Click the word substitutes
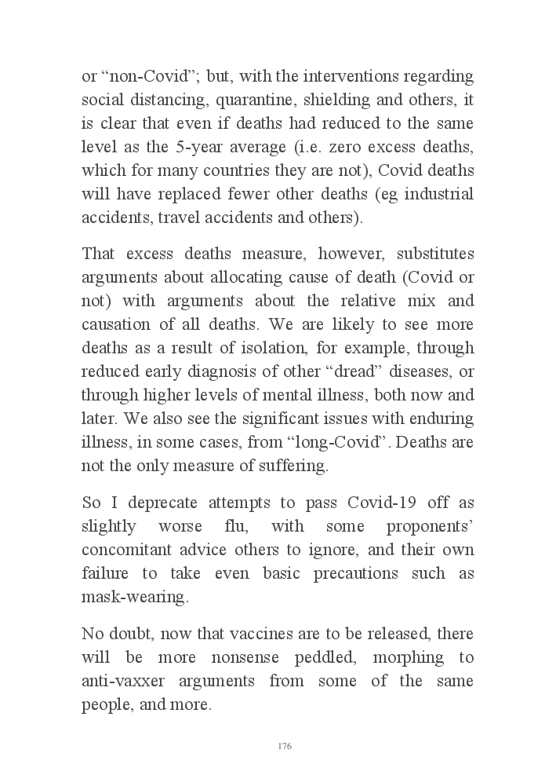[x=434, y=254]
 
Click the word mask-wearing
[x=134, y=597]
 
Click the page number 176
[x=285, y=746]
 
